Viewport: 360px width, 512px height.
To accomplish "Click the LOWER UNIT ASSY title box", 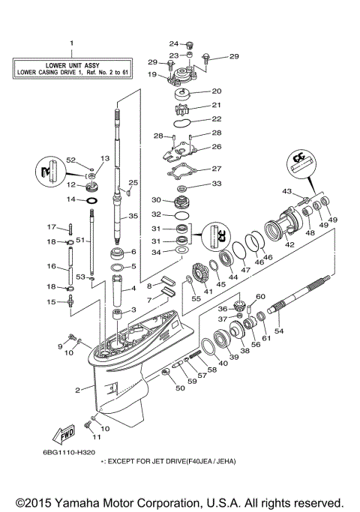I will pos(72,69).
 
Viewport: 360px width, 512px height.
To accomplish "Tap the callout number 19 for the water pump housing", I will pos(151,75).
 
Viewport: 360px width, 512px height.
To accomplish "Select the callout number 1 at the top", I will pos(72,43).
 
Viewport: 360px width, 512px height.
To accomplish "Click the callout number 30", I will pos(157,200).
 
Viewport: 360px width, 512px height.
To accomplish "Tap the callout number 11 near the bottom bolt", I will pos(95,436).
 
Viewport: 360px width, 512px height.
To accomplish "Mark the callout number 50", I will pos(179,388).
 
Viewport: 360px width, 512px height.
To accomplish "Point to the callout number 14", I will pos(71,200).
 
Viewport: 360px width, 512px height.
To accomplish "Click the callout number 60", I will pos(261,297).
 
